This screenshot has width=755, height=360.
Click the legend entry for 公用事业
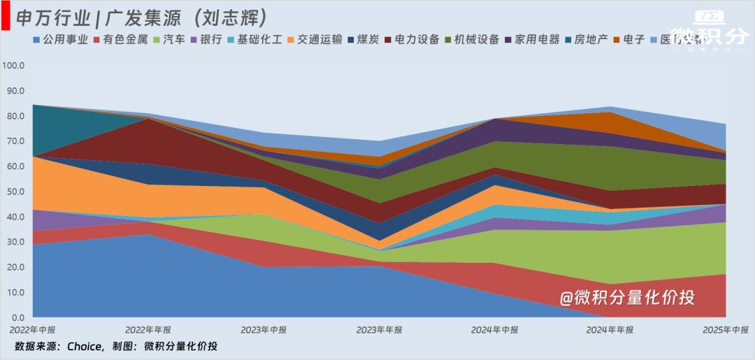tap(60, 40)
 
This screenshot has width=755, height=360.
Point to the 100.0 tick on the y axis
tap(13, 66)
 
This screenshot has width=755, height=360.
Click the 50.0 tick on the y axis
tap(15, 192)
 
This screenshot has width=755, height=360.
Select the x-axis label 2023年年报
tap(379, 329)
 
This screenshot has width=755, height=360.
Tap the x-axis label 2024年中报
tap(494, 329)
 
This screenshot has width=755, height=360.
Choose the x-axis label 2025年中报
tap(725, 329)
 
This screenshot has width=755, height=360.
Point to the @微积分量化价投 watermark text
tap(627, 298)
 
